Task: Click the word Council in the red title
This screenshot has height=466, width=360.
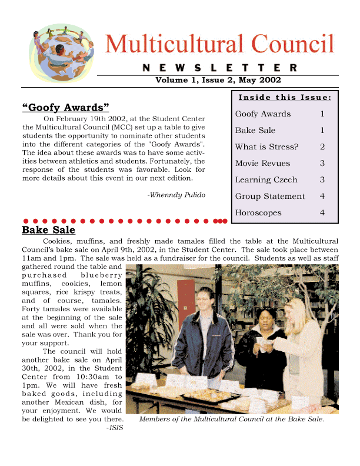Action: pos(293,44)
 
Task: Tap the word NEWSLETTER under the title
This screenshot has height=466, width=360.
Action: pos(219,68)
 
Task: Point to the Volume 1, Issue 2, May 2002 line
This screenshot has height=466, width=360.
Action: pos(218,80)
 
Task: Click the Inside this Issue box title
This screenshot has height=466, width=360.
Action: pos(285,97)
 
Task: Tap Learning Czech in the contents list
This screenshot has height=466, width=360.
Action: pos(266,180)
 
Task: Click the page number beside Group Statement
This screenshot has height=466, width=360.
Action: pos(322,197)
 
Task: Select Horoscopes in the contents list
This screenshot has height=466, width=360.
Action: pos(258,213)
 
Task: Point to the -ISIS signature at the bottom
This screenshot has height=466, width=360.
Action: pos(115,428)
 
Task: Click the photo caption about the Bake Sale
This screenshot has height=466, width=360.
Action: pos(231,420)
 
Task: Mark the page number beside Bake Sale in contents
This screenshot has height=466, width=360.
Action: pos(322,131)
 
